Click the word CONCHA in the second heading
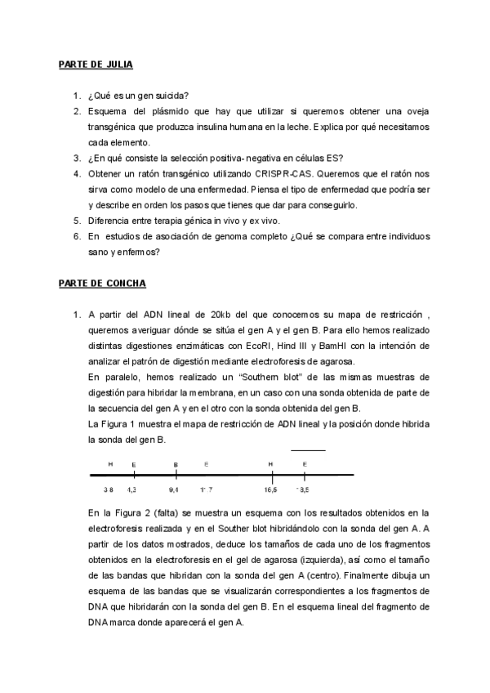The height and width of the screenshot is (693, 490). click(x=126, y=284)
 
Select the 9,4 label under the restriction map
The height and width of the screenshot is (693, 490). click(x=174, y=490)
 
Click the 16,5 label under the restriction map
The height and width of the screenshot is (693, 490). click(x=270, y=490)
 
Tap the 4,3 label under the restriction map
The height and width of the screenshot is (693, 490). click(x=132, y=490)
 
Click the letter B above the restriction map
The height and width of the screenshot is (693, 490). click(x=176, y=464)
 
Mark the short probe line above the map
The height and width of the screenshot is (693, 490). click(x=308, y=449)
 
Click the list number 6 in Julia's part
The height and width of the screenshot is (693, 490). click(x=77, y=237)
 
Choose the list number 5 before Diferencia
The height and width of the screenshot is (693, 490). click(x=77, y=221)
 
